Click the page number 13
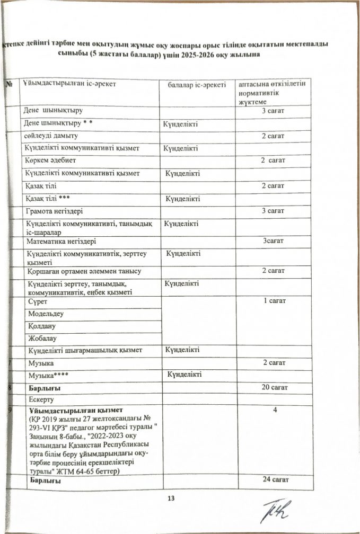(171, 497)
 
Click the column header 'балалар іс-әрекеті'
(197, 84)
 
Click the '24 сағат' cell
(274, 481)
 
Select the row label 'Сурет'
(32, 301)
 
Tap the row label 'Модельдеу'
(41, 314)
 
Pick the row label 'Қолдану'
(37, 326)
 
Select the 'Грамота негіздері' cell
(52, 211)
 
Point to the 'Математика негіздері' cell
(59, 242)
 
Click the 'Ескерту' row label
(36, 399)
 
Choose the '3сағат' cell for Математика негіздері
(274, 242)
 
